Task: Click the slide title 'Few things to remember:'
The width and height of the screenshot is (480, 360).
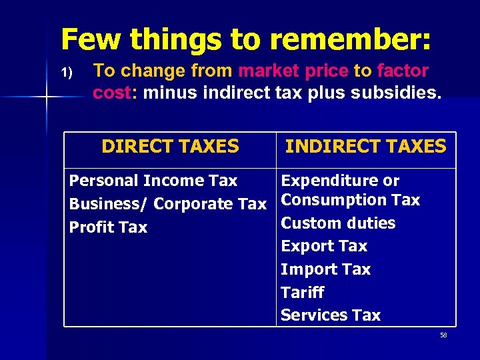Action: (246, 39)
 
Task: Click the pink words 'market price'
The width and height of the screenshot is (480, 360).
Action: (293, 70)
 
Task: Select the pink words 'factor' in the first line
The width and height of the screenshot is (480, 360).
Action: (402, 70)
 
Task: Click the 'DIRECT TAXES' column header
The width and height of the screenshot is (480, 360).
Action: (170, 147)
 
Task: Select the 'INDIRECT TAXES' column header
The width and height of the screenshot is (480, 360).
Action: (365, 147)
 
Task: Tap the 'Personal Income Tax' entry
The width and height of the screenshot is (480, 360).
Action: (153, 181)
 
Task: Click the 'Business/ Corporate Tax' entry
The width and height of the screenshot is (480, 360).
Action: (167, 204)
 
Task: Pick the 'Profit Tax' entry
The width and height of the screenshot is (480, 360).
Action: (108, 227)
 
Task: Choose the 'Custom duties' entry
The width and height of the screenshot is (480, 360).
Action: (338, 223)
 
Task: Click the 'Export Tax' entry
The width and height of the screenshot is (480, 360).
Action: (324, 246)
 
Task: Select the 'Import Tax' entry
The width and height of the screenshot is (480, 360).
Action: (325, 269)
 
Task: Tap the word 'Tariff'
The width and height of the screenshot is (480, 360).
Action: (302, 292)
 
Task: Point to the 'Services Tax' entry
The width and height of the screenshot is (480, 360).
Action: (331, 315)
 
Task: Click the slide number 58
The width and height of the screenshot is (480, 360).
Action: (443, 335)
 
